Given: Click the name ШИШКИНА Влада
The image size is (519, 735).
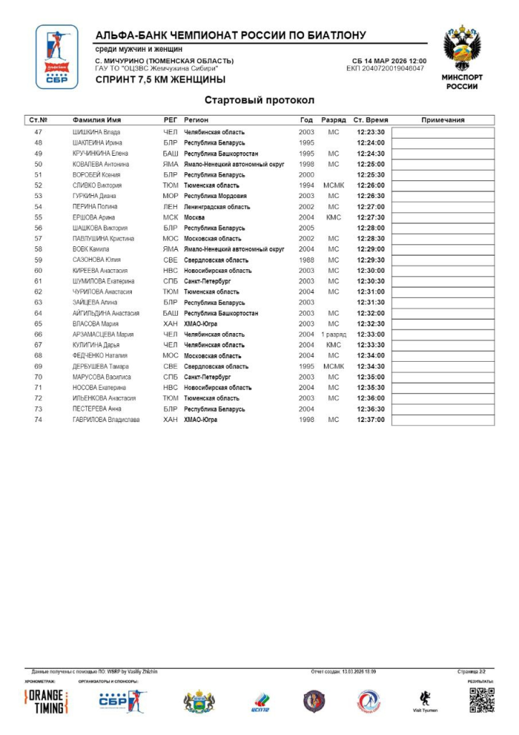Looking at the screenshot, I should tap(96, 132).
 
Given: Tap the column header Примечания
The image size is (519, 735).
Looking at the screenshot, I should tap(442, 120).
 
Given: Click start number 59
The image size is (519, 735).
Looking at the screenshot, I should tap(39, 260).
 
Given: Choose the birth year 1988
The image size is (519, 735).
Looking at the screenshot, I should tap(306, 260).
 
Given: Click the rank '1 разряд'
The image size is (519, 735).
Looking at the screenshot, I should tap(333, 334).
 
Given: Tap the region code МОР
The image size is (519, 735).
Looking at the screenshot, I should tap(170, 196).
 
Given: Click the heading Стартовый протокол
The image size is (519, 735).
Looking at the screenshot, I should tap(259, 100).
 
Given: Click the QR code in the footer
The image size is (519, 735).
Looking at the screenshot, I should tap(482, 700).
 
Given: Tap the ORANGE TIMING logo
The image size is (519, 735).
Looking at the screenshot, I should tap(47, 702).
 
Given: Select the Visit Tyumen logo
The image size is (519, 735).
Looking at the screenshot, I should tap(424, 701).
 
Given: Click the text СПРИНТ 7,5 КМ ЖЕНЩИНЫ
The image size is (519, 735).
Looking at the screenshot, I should tap(160, 80).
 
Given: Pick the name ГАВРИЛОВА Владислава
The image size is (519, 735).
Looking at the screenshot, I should tap(106, 420).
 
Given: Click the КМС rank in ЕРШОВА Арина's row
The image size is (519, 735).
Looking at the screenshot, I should tap(333, 217).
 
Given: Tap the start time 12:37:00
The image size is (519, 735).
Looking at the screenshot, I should tap(371, 420).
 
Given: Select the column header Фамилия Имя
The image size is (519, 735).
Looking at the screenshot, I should tap(96, 120).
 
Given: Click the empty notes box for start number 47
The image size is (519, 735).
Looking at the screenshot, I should tap(442, 132).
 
